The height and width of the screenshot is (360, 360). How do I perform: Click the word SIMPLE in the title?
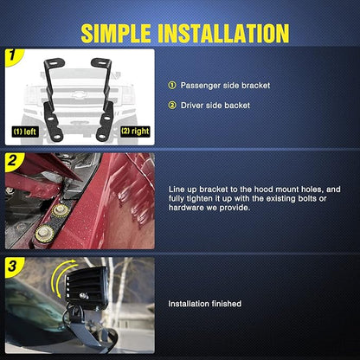click(116, 34)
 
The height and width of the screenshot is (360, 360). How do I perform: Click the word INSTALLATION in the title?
click(223, 34)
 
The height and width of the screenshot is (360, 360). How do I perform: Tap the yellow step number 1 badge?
click(13, 55)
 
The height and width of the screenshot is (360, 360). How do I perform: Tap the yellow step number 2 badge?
click(13, 161)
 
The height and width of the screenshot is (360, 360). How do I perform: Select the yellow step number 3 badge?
click(13, 266)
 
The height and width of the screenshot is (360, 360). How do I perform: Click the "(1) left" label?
click(25, 132)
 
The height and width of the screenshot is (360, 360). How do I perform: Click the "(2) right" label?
click(135, 132)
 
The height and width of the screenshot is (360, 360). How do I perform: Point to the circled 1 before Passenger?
click(172, 86)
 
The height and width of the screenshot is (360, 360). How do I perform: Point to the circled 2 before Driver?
click(172, 106)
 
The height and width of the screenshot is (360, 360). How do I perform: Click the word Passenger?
click(201, 86)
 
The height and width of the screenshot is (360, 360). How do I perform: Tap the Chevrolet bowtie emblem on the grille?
click(77, 94)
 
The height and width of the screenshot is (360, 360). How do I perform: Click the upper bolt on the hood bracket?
click(61, 209)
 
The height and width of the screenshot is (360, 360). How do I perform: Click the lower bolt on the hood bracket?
click(44, 233)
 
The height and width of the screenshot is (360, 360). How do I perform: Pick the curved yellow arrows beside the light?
click(61, 277)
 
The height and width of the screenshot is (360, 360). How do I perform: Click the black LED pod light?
click(87, 287)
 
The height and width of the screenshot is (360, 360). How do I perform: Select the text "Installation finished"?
click(205, 304)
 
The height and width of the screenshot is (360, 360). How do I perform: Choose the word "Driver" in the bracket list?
click(192, 106)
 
